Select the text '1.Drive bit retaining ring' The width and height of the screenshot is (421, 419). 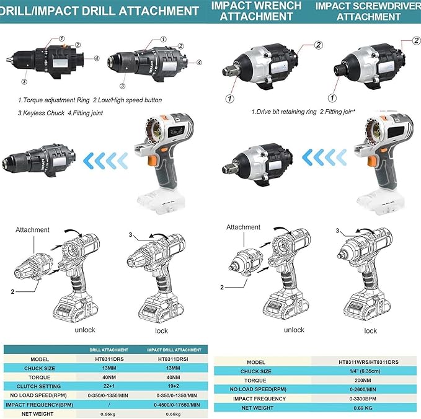point(283,112)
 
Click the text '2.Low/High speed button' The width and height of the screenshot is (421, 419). point(138,100)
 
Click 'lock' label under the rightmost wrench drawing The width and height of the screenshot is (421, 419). point(370,330)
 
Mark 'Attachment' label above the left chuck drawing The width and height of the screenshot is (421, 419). point(33,229)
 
